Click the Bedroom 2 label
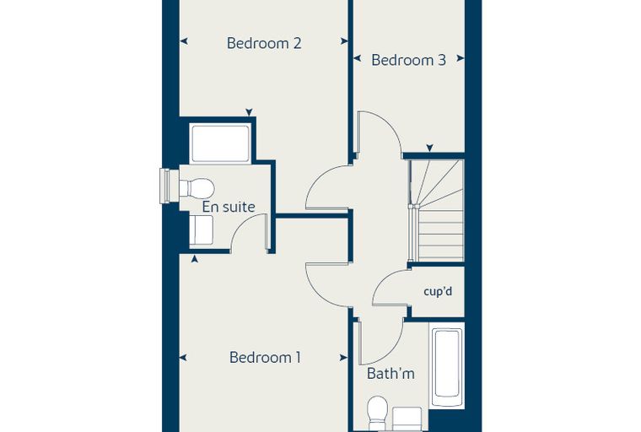click(x=264, y=43)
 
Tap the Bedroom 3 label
click(x=408, y=60)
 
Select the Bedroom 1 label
click(x=265, y=357)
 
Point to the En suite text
click(x=229, y=207)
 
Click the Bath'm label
click(x=391, y=374)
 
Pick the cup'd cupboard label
click(x=438, y=292)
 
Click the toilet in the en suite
click(x=197, y=188)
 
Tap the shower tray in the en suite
click(x=220, y=144)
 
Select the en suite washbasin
click(x=201, y=230)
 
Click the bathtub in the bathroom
click(x=446, y=364)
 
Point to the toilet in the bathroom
click(x=377, y=413)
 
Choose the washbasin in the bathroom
click(x=407, y=418)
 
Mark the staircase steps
click(x=437, y=210)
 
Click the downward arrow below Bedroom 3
click(x=429, y=148)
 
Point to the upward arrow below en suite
click(x=195, y=258)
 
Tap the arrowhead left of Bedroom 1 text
click(x=183, y=358)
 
